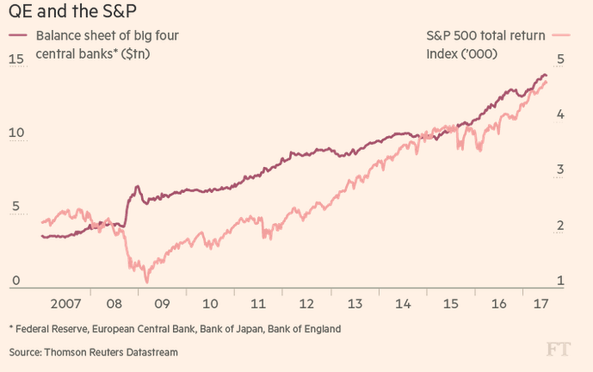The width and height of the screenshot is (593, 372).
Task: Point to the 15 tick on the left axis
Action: [15, 59]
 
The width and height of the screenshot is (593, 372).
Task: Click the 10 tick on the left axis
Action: [15, 135]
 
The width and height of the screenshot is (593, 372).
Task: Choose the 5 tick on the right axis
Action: [560, 59]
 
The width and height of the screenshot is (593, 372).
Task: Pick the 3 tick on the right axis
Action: [560, 170]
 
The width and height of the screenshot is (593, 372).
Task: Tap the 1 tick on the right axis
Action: [560, 281]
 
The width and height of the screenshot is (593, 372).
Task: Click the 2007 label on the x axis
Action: [67, 304]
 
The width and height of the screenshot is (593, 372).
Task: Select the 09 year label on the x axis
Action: [162, 304]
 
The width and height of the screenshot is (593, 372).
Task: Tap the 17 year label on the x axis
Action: [541, 304]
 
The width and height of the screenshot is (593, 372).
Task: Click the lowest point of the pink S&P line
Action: [146, 282]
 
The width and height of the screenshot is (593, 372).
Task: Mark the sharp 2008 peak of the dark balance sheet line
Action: [136, 186]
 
